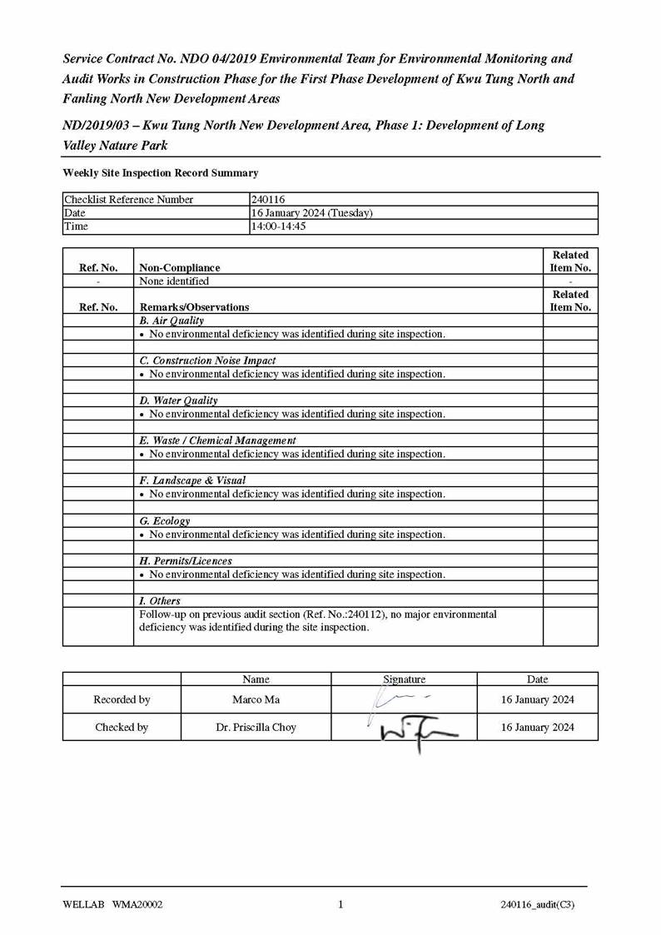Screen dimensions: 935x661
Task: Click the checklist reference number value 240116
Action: click(x=268, y=200)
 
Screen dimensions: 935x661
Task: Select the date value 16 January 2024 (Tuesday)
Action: click(x=312, y=213)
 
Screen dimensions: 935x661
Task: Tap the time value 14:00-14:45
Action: click(x=279, y=226)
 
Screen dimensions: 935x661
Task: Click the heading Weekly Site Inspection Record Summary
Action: click(x=161, y=173)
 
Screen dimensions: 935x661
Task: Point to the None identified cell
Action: click(x=174, y=281)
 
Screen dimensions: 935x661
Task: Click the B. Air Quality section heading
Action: click(x=171, y=321)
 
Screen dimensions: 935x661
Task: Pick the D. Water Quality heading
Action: click(x=178, y=400)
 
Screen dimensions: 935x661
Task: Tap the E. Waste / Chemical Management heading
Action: click(x=217, y=440)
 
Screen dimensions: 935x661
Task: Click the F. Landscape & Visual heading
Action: click(x=192, y=480)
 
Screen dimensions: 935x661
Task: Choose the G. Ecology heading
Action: click(x=165, y=521)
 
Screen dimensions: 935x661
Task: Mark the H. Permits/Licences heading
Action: click(x=186, y=561)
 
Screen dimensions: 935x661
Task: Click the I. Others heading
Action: click(x=160, y=601)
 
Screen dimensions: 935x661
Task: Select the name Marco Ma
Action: click(x=256, y=700)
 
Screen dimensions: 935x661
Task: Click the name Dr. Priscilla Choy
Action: click(x=256, y=728)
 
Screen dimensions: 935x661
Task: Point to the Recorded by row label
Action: click(x=122, y=700)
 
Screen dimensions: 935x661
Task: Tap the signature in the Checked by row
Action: click(x=416, y=730)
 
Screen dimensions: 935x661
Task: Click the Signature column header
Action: click(x=404, y=679)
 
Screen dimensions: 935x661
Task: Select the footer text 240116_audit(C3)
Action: click(x=538, y=905)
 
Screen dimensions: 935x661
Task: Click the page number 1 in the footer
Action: click(x=340, y=905)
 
